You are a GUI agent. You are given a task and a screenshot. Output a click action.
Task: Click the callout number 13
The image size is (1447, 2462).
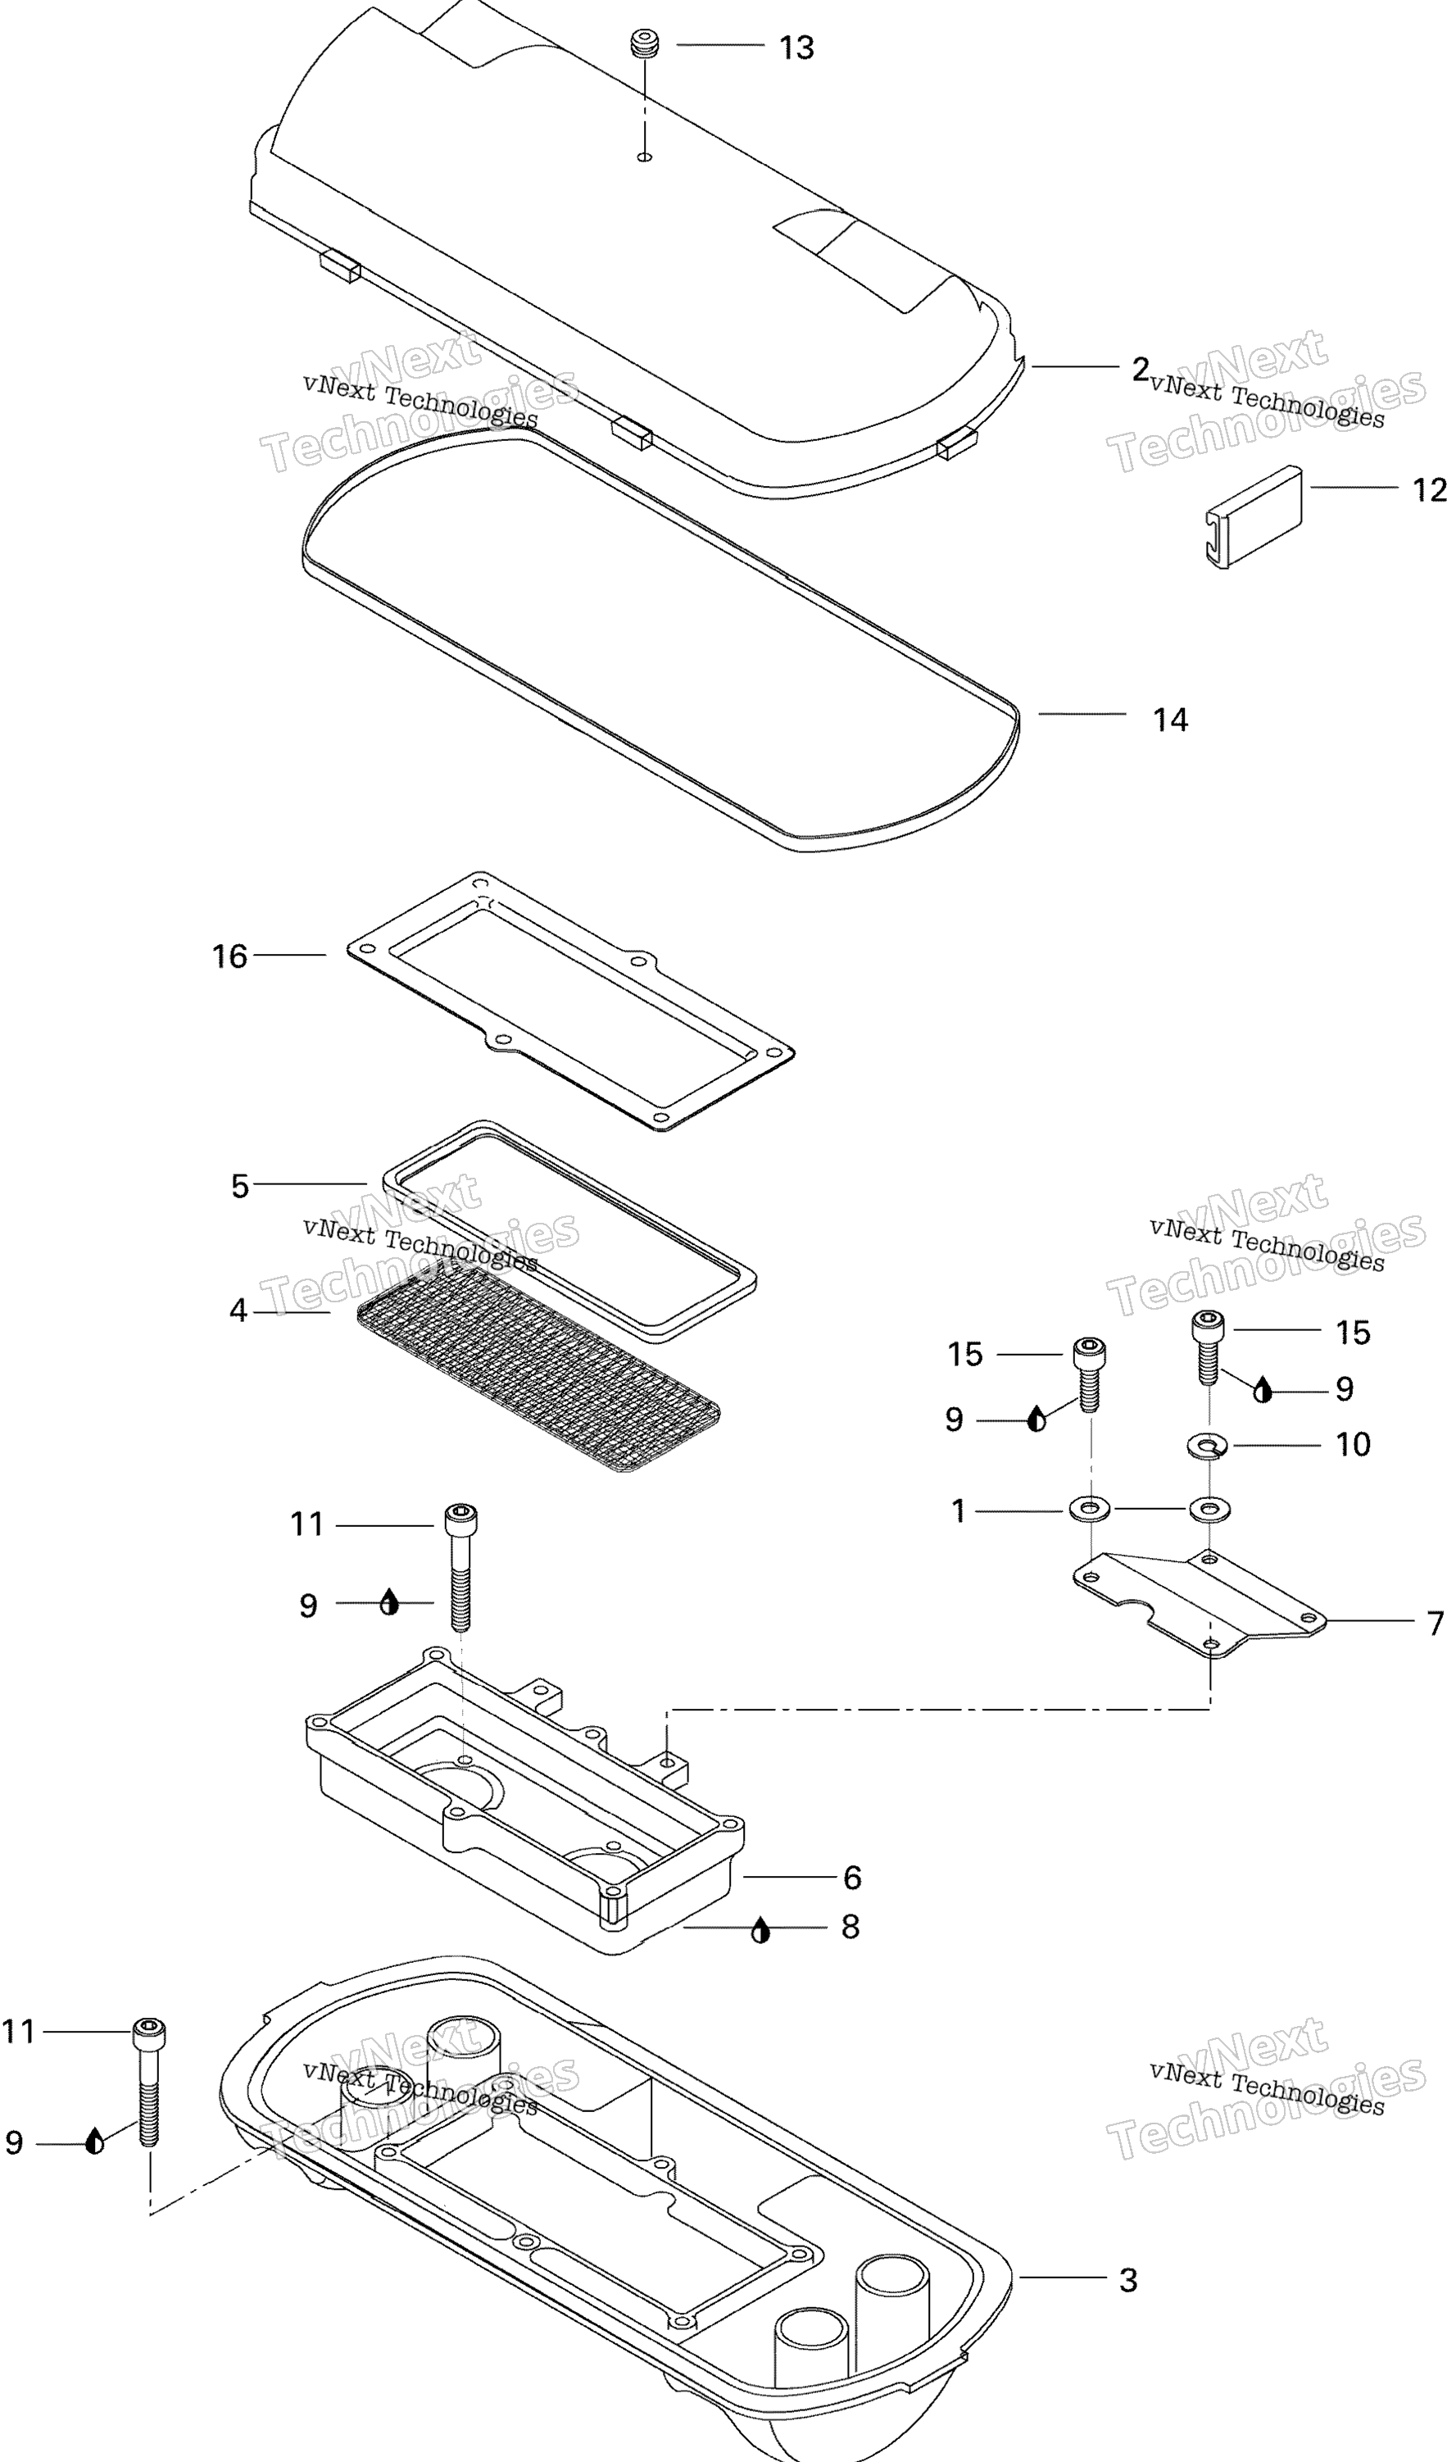point(796,47)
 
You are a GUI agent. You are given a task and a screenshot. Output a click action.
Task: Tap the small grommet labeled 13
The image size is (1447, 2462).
point(645,45)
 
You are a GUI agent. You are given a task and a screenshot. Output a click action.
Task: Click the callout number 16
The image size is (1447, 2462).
point(229,956)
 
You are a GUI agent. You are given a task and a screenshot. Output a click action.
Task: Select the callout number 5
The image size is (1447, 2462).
point(240,1186)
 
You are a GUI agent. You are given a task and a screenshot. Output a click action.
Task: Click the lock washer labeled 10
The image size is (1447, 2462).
point(1209,1444)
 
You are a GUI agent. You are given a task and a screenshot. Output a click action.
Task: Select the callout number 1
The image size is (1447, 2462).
point(959,1511)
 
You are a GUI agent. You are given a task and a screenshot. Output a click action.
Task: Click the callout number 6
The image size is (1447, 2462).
point(852,1877)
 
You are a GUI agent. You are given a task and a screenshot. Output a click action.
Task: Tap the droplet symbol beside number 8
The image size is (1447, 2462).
point(761,1929)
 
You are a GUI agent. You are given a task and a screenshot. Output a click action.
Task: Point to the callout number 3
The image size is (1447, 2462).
point(1128,2279)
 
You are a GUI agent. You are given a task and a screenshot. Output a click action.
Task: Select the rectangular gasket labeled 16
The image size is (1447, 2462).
point(570,1002)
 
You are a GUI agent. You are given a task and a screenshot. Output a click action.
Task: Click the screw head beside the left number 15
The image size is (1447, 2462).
point(1090,1352)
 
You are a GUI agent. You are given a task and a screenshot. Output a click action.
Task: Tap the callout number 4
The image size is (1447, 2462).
point(238,1311)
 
